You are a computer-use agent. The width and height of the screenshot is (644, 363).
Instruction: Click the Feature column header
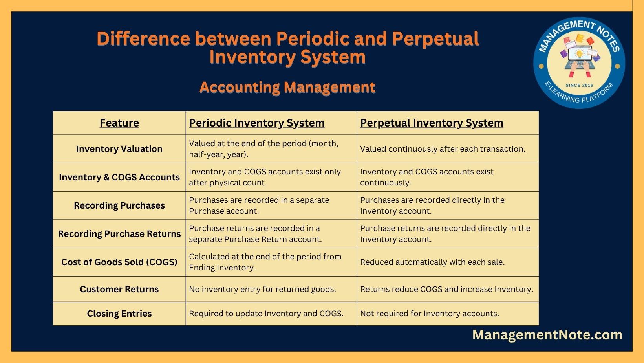[x=119, y=123]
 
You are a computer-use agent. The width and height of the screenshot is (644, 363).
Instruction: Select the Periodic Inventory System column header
[x=257, y=123]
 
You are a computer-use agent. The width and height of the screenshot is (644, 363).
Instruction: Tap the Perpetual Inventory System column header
[x=432, y=123]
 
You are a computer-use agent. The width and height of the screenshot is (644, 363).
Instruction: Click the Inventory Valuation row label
[x=119, y=149]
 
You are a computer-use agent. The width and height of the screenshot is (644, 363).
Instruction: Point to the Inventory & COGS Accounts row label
[x=119, y=177]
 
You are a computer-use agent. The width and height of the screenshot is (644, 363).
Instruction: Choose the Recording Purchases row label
[x=119, y=205]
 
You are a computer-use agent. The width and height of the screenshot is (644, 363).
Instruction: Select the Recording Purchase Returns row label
[x=119, y=234]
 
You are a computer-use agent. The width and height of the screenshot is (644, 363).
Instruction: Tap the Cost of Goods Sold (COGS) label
[x=119, y=262]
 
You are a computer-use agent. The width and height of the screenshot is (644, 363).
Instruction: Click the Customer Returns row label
[x=119, y=289]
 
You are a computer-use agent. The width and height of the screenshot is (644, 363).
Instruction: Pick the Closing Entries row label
[x=119, y=313]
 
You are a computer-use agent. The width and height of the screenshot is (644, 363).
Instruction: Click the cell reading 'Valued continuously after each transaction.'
[x=443, y=149]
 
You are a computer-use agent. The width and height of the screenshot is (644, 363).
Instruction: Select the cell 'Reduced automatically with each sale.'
[x=432, y=262]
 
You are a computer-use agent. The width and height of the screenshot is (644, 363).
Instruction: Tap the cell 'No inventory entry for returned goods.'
[x=262, y=289]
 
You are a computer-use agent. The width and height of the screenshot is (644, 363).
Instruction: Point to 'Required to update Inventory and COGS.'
[x=266, y=313]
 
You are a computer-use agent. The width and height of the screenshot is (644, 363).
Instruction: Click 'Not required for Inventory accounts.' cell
[x=430, y=313]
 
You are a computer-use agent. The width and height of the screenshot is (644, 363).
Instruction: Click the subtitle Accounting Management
[x=287, y=88]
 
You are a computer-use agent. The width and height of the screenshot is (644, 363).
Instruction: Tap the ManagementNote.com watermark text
[x=547, y=335]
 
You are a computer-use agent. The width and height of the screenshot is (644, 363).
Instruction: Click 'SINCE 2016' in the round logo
[x=579, y=85]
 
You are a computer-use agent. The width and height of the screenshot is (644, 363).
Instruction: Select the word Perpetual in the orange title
[x=435, y=39]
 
